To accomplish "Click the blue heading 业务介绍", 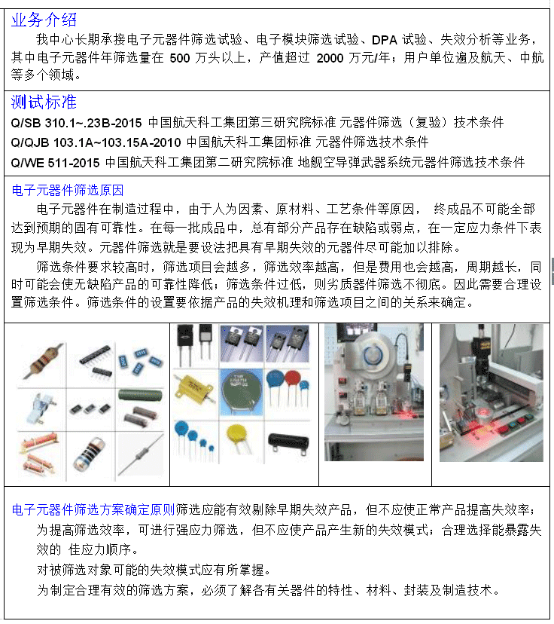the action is (x=44, y=20).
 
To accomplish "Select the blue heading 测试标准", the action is (x=44, y=102).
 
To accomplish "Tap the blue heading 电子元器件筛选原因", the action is (x=68, y=190).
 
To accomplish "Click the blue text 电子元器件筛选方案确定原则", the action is (x=93, y=509).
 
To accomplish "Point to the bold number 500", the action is (x=180, y=59).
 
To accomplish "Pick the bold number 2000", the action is (x=330, y=59).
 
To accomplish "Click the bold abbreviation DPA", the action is (x=385, y=40).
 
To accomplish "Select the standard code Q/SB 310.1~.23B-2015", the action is (x=76, y=123).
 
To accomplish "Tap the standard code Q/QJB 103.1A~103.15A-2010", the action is (x=96, y=142).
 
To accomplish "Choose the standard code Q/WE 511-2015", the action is (x=55, y=163).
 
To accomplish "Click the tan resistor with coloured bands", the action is (x=44, y=361).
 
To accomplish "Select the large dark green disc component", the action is (x=241, y=393).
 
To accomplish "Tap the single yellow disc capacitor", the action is (x=239, y=437).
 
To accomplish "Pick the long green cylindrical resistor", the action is (x=140, y=396).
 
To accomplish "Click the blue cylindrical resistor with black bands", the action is (x=90, y=454).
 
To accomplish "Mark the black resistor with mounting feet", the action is (x=288, y=442).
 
